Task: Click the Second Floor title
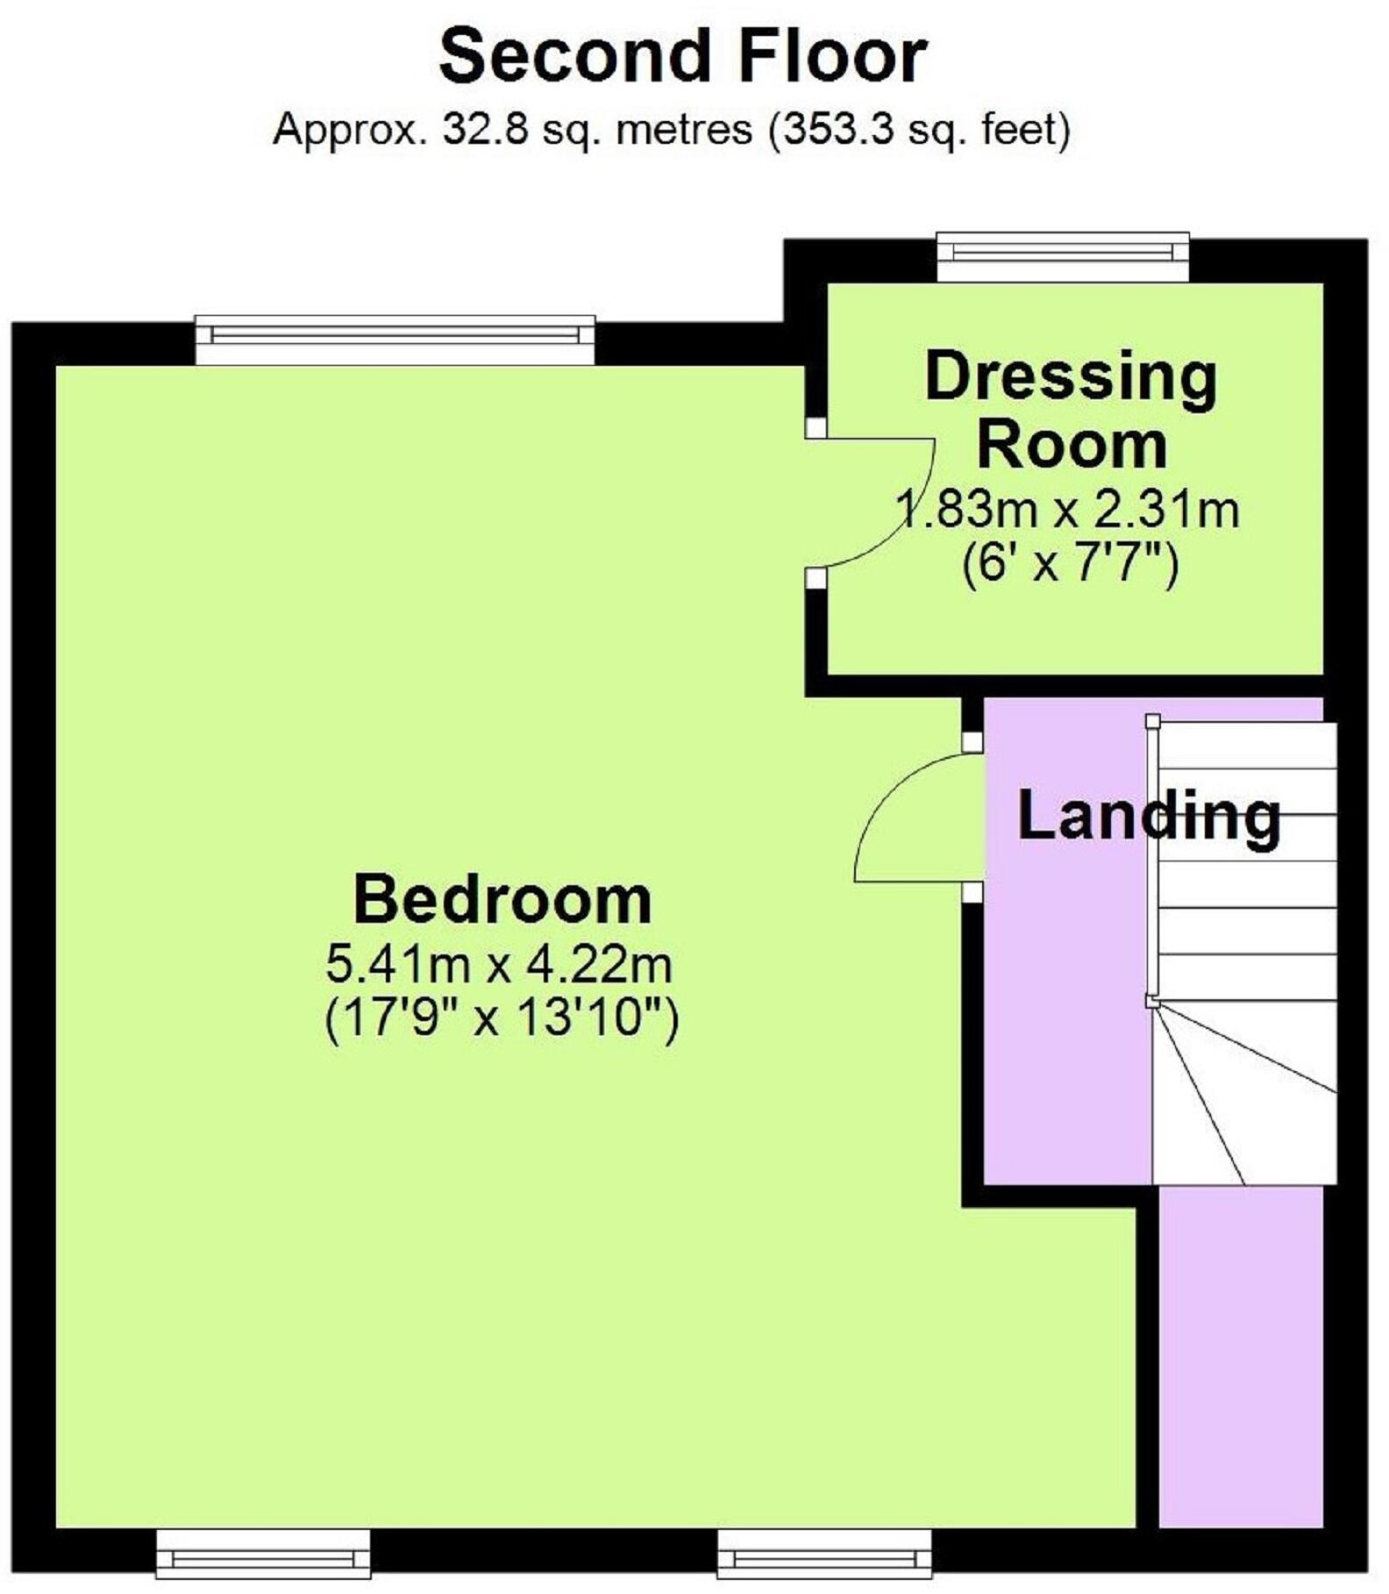coord(683,56)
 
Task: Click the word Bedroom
coord(502,900)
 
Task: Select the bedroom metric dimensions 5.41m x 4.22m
coord(499,965)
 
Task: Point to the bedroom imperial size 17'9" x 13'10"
coord(502,1018)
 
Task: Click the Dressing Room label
coord(1072,411)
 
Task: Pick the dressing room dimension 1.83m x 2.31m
coord(1067,510)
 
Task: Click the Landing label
coord(1149,818)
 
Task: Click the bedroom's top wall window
coord(395,340)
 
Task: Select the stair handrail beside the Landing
coord(1153,861)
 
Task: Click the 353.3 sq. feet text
coord(919,131)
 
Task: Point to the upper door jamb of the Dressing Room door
coord(816,427)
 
